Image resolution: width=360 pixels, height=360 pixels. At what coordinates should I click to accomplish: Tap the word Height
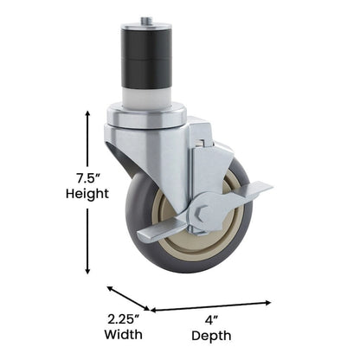pyautogui.click(x=87, y=195)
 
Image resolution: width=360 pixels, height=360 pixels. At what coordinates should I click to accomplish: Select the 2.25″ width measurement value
pyautogui.click(x=124, y=318)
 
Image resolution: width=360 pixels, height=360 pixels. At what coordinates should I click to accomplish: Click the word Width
pyautogui.click(x=124, y=333)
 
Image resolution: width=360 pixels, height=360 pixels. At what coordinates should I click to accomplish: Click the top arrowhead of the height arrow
pyautogui.click(x=87, y=113)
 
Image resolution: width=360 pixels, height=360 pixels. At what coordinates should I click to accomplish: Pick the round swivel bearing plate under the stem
pyautogui.click(x=147, y=115)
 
